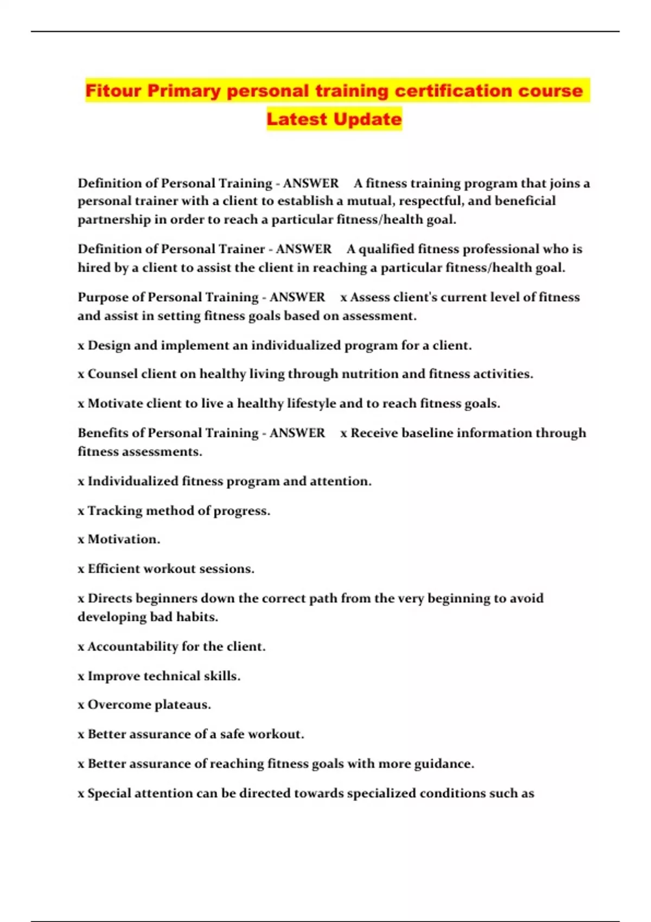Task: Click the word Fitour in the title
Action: coord(113,91)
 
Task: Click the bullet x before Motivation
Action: coord(81,540)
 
